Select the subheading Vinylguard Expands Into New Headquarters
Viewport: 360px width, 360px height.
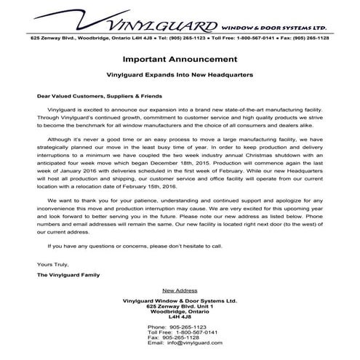180,74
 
